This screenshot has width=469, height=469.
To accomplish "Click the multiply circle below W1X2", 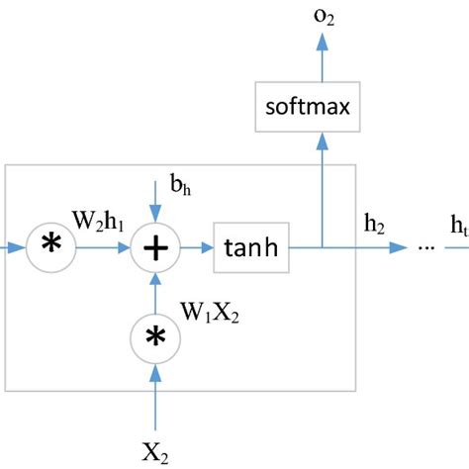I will click(154, 337).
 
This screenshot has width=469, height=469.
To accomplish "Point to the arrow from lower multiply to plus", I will click(154, 293).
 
